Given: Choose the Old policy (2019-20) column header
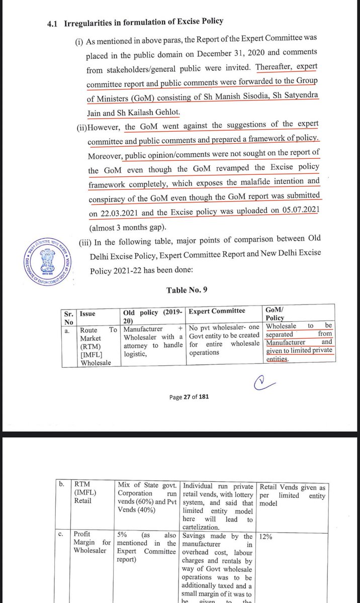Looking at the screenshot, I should click(153, 315).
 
